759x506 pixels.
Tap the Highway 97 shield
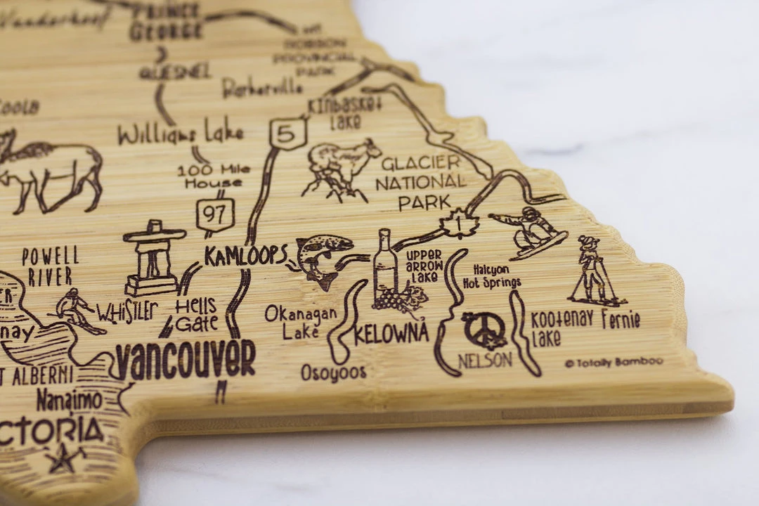[x=214, y=215]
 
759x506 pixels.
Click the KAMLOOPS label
[x=246, y=256]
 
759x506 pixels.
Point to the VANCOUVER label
[x=185, y=361]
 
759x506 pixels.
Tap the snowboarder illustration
[x=531, y=231]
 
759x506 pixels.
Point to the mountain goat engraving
[x=340, y=167]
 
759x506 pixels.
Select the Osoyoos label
[x=334, y=372]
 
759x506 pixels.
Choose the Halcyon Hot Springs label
[x=492, y=276]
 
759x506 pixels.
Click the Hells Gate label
[x=196, y=314]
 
